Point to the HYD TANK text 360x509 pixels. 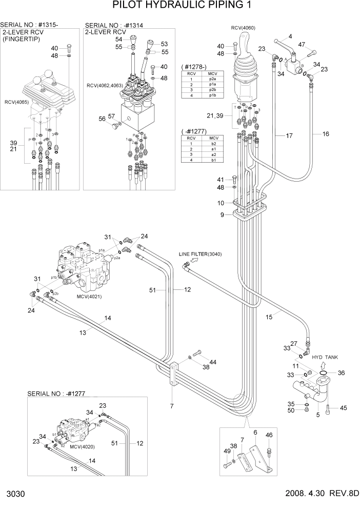point(325,357)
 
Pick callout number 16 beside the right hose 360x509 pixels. point(325,134)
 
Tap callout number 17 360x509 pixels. point(289,136)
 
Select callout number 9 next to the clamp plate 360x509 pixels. point(222,215)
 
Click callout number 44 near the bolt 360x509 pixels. point(213,362)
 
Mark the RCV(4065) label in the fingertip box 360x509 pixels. point(17,102)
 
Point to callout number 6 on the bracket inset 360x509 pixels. point(255,433)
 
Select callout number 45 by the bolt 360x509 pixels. point(343,408)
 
